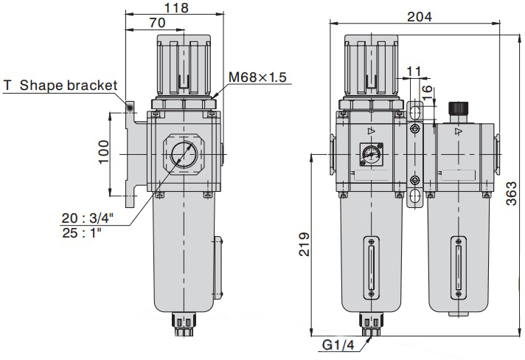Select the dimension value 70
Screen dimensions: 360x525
pyautogui.click(x=157, y=24)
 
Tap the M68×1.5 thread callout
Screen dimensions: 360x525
pyautogui.click(x=257, y=77)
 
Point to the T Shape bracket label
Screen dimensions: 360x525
pyautogui.click(x=60, y=85)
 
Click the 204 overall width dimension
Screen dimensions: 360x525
pyautogui.click(x=418, y=17)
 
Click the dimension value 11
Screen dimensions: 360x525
pyautogui.click(x=414, y=72)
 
